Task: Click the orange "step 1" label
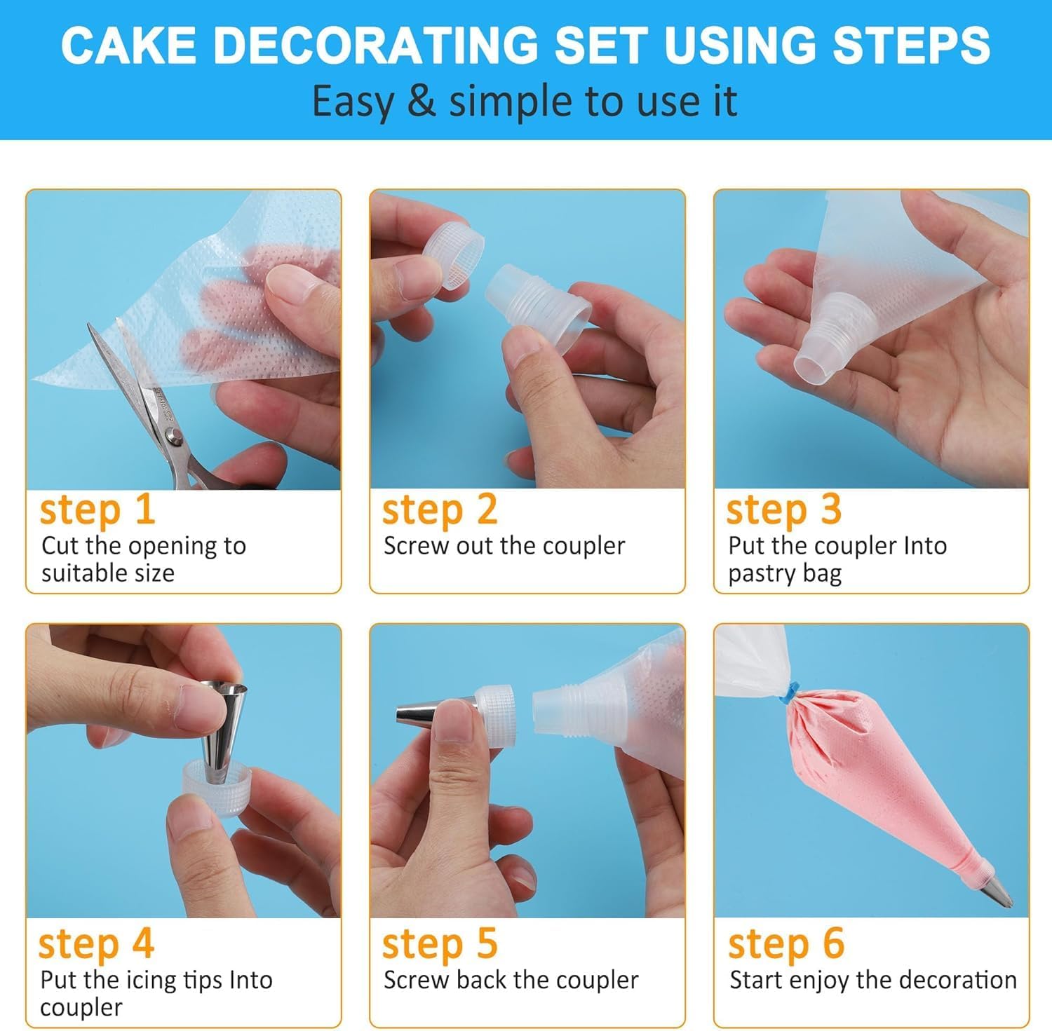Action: tap(97, 510)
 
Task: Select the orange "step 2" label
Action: tap(440, 510)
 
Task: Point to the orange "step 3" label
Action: tap(783, 510)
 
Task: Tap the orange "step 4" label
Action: tap(96, 944)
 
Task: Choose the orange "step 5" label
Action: tap(440, 944)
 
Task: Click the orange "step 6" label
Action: tap(786, 944)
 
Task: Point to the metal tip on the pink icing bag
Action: tap(997, 890)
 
